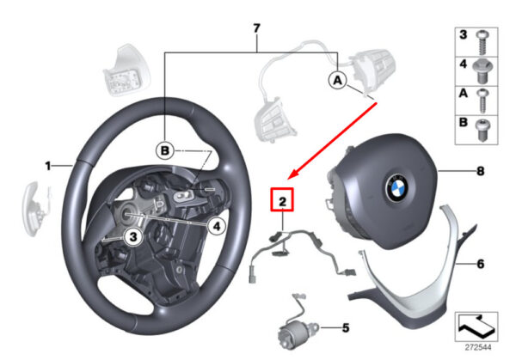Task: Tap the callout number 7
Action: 255,29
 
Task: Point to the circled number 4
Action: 217,227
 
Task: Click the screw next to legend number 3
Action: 482,39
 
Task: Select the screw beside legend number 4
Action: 482,67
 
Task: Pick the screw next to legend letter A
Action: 482,97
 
